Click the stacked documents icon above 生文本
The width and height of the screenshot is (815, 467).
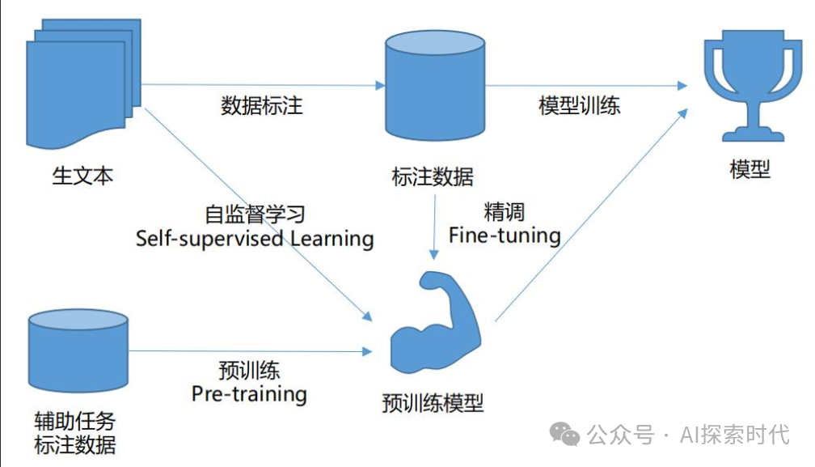[78, 81]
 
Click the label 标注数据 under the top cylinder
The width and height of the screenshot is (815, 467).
[433, 176]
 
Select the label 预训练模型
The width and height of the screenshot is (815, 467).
[433, 402]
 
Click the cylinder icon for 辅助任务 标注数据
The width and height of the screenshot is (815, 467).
[78, 349]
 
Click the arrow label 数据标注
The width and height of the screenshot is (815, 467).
[262, 105]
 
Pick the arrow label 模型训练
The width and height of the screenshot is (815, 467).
[580, 105]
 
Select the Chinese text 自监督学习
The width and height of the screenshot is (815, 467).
[255, 215]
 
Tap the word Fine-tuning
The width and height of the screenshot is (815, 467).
[505, 236]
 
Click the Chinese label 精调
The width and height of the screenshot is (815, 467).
[505, 213]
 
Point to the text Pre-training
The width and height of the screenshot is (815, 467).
[249, 394]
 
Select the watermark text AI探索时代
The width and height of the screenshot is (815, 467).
[734, 435]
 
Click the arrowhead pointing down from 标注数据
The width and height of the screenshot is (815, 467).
[434, 253]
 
